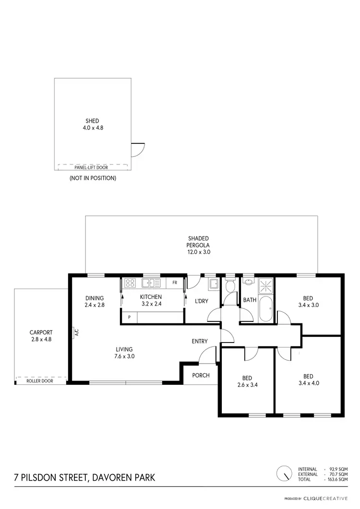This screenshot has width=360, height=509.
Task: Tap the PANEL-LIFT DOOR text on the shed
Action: pos(91,167)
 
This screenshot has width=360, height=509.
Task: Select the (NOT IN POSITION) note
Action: pos(93,178)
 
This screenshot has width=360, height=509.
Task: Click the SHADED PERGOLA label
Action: pos(199,245)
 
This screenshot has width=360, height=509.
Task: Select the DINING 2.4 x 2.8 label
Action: pos(95,301)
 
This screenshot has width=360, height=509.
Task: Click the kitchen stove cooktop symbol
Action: pos(130,283)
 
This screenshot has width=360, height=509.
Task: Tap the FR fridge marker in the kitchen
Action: pos(175,283)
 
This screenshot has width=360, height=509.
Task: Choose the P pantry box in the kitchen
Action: pos(129,317)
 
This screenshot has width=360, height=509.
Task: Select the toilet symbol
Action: pos(230,286)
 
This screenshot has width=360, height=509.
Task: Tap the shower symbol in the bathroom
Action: pos(265,286)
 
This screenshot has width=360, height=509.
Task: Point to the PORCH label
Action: pos(201,375)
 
